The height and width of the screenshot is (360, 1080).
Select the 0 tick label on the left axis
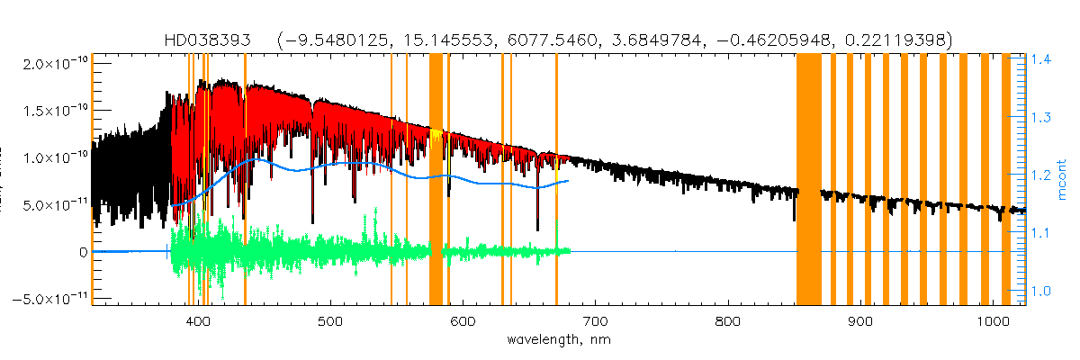pos(81,252)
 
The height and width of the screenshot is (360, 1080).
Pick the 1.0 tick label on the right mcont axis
pos(1040,291)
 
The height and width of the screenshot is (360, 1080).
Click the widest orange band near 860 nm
pos(808,180)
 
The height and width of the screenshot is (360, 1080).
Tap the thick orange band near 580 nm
pos(436,180)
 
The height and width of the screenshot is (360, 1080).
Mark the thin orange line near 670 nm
pos(556,180)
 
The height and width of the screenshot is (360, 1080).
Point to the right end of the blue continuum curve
pos(568,181)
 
